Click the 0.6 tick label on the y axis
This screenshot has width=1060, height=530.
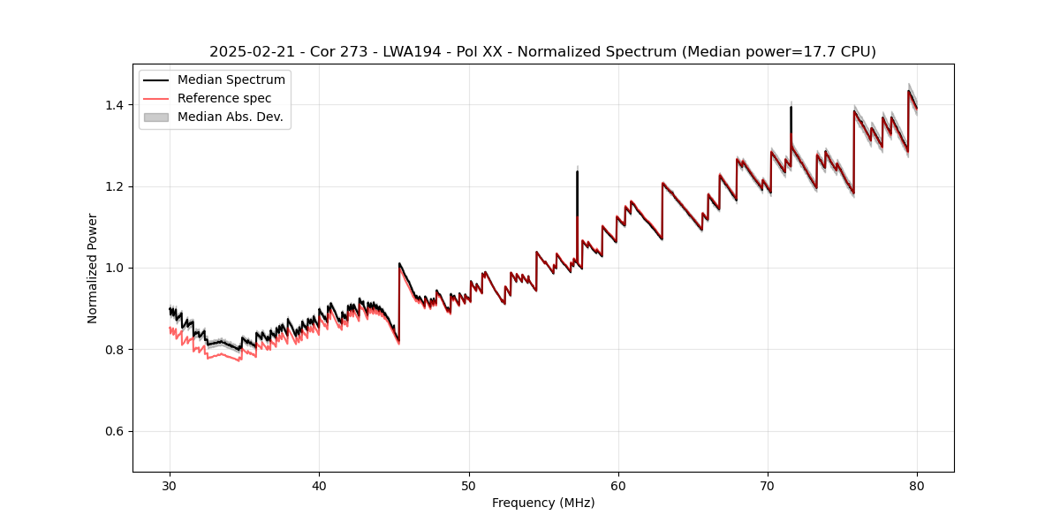pyautogui.click(x=116, y=431)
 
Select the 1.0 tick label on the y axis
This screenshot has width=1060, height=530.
pyautogui.click(x=116, y=268)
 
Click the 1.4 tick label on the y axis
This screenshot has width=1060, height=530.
pyautogui.click(x=116, y=105)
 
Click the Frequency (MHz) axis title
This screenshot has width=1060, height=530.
pyautogui.click(x=543, y=503)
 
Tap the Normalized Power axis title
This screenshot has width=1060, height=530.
pyautogui.click(x=93, y=268)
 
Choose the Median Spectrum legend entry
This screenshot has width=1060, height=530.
pyautogui.click(x=231, y=80)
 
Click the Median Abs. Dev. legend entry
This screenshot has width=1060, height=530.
pyautogui.click(x=230, y=117)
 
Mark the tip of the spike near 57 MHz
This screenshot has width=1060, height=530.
pyautogui.click(x=577, y=171)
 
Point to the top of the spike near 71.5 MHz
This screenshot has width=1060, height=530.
pyautogui.click(x=791, y=107)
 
